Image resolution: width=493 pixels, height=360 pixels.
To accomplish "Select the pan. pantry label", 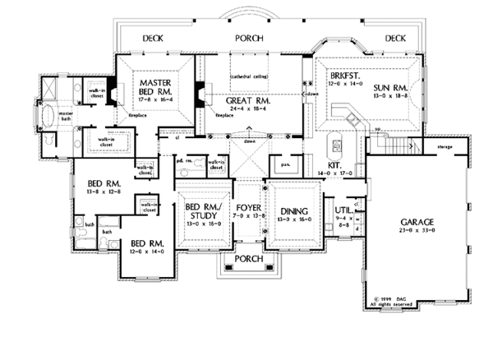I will point(285,165).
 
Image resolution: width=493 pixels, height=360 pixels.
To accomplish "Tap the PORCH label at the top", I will point(247,38).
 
